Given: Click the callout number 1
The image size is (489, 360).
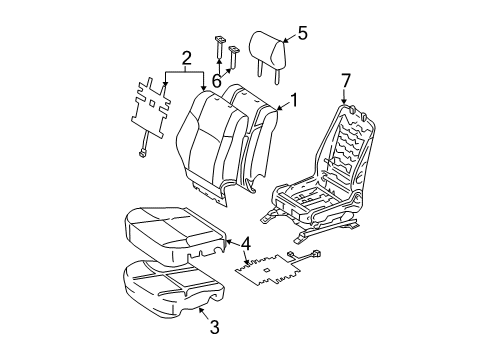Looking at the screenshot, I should [x=294, y=99].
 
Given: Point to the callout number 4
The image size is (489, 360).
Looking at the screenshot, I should [x=246, y=242].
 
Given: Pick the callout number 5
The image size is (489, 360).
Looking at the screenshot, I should [x=302, y=34].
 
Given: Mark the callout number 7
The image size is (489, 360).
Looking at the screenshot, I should [x=346, y=79].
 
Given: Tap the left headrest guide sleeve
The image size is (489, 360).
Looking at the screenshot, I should [x=217, y=47].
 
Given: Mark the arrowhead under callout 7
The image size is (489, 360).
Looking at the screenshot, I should [x=346, y=98].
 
